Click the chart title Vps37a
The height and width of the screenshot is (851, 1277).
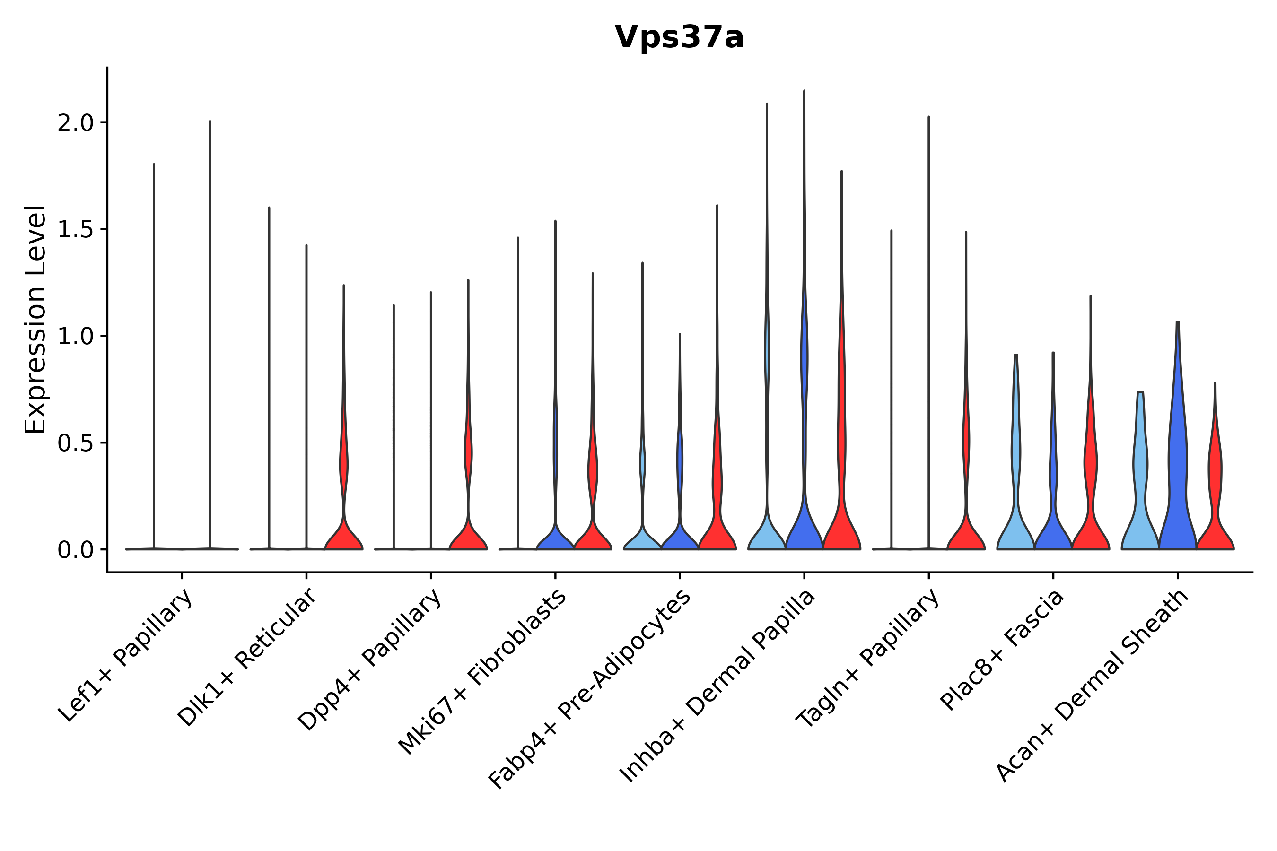coord(679,38)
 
